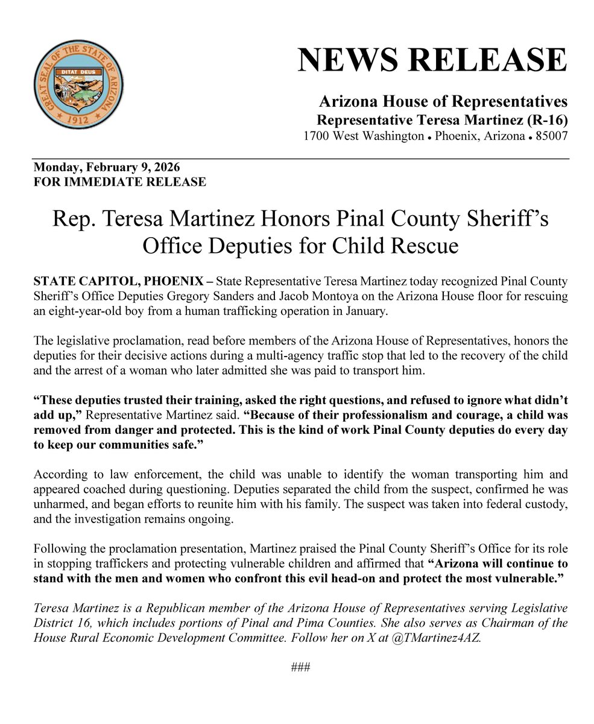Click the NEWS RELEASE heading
point(432,60)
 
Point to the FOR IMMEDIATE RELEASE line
point(120,181)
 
